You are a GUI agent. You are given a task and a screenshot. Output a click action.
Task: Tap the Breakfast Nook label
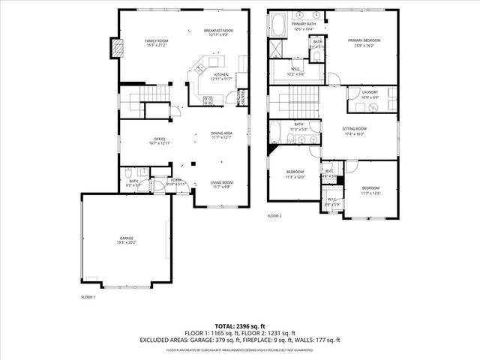pyautogui.click(x=217, y=31)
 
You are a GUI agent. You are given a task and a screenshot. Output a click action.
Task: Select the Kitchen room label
pyautogui.click(x=221, y=76)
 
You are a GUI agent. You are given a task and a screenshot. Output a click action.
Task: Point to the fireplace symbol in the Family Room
pyautogui.click(x=116, y=47)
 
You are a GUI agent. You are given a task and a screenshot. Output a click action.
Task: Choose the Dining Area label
pyautogui.click(x=222, y=135)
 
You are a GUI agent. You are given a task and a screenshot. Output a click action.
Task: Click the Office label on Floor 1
pyautogui.click(x=160, y=140)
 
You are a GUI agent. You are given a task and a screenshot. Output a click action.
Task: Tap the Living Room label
pyautogui.click(x=221, y=184)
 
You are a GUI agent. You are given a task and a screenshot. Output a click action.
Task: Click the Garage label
pyautogui.click(x=125, y=240)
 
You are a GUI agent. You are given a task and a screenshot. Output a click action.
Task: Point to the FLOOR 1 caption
pyautogui.click(x=88, y=298)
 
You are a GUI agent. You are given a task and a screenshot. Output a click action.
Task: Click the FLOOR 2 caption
pyautogui.click(x=274, y=216)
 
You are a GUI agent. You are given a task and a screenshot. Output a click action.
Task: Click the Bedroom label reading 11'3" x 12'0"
pyautogui.click(x=295, y=174)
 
